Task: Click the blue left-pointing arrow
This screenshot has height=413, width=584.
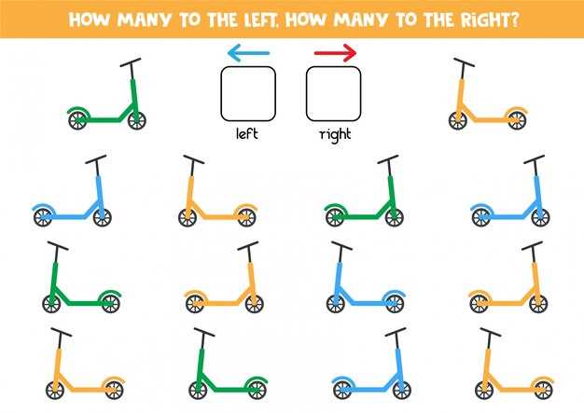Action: (248, 53)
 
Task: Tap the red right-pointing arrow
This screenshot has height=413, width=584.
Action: (335, 53)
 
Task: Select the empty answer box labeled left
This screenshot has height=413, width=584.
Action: (248, 94)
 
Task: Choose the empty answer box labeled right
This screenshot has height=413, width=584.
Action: (334, 94)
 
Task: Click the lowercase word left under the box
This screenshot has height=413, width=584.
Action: (247, 133)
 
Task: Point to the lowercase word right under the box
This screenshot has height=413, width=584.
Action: (335, 134)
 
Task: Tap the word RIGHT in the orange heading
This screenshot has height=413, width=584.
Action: (483, 20)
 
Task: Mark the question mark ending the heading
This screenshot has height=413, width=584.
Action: (514, 20)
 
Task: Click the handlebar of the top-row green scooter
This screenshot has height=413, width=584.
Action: (131, 62)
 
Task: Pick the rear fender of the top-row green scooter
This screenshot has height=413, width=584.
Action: (79, 110)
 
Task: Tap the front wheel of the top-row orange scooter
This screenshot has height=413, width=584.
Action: (458, 120)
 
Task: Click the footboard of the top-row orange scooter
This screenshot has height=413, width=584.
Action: (490, 120)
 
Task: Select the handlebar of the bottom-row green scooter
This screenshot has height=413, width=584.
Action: (204, 332)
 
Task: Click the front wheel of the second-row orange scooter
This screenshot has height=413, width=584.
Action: (188, 217)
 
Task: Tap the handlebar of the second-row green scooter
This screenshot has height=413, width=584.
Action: (388, 159)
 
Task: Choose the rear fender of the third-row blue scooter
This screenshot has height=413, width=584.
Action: (394, 293)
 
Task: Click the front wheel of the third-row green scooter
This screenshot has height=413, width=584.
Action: (51, 304)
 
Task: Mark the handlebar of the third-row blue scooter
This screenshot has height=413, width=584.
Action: (341, 246)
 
